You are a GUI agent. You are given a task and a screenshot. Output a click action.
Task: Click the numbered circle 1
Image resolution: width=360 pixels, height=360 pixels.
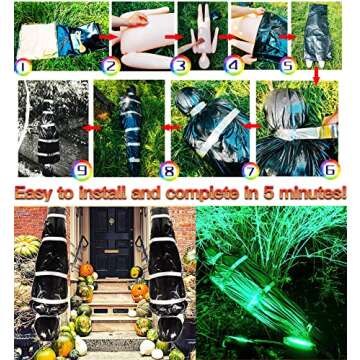[x=23, y=67]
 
